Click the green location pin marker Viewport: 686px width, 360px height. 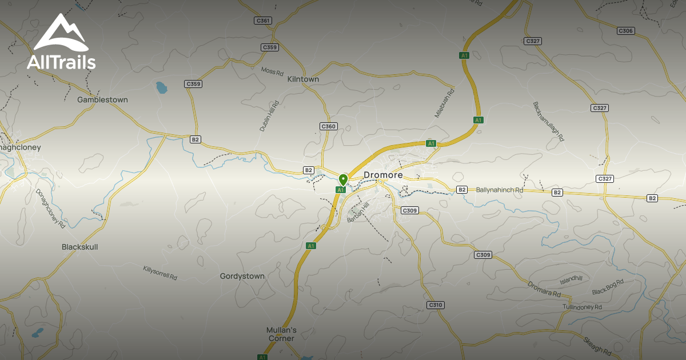pos(343,179)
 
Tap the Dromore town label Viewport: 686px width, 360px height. pos(383,175)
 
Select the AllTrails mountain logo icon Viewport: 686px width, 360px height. pos(61,34)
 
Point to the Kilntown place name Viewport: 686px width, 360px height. pos(303,79)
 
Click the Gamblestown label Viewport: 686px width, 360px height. pos(102,99)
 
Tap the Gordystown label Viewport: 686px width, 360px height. pos(242,276)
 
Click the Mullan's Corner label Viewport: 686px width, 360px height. pos(281,334)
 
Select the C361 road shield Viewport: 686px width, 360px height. pos(262,21)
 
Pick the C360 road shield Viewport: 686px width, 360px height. pos(328,126)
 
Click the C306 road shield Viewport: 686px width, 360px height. pos(626,31)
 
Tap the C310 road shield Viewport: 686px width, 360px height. pos(436,305)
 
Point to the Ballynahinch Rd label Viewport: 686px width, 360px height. pos(499,190)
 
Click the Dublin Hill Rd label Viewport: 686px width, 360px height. pos(269,117)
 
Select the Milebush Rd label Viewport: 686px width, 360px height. pos(444,103)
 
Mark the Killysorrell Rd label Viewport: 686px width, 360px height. pos(160,273)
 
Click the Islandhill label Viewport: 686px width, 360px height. pos(571,280)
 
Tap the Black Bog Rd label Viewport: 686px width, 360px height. pos(608,288)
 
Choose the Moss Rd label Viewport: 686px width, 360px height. pos(272,72)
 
